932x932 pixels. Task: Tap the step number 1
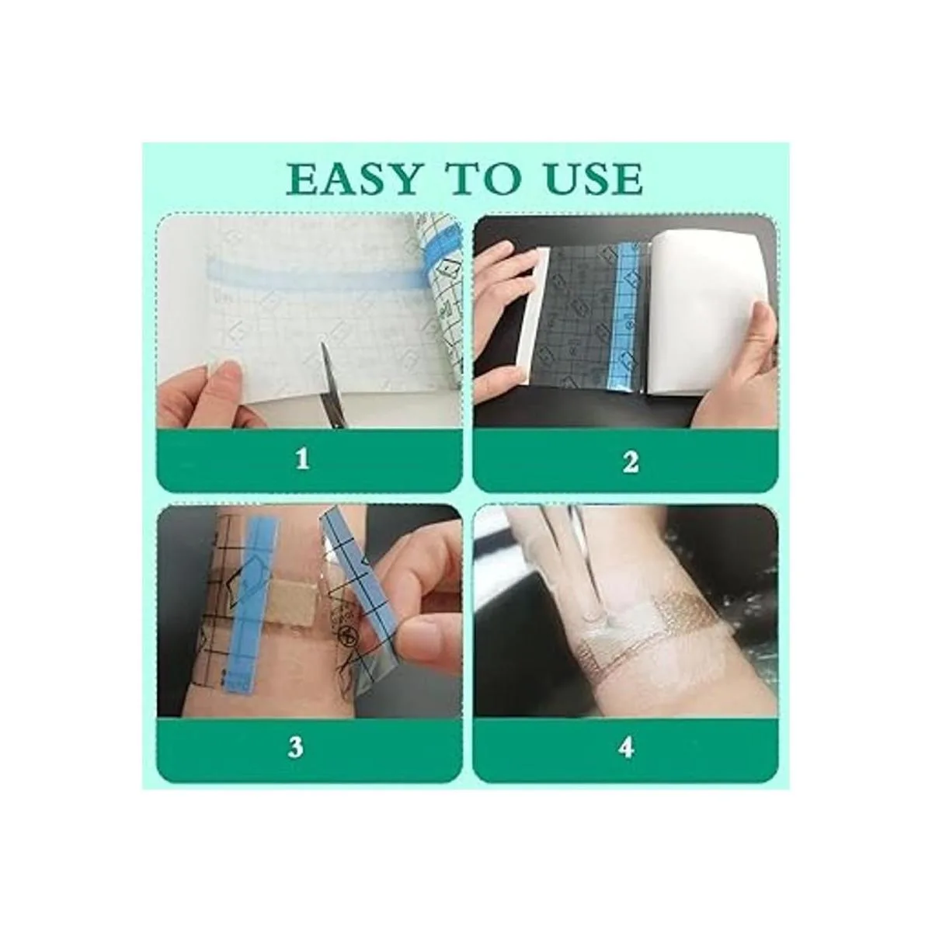coord(302,458)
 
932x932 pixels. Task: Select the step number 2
coord(631,461)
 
